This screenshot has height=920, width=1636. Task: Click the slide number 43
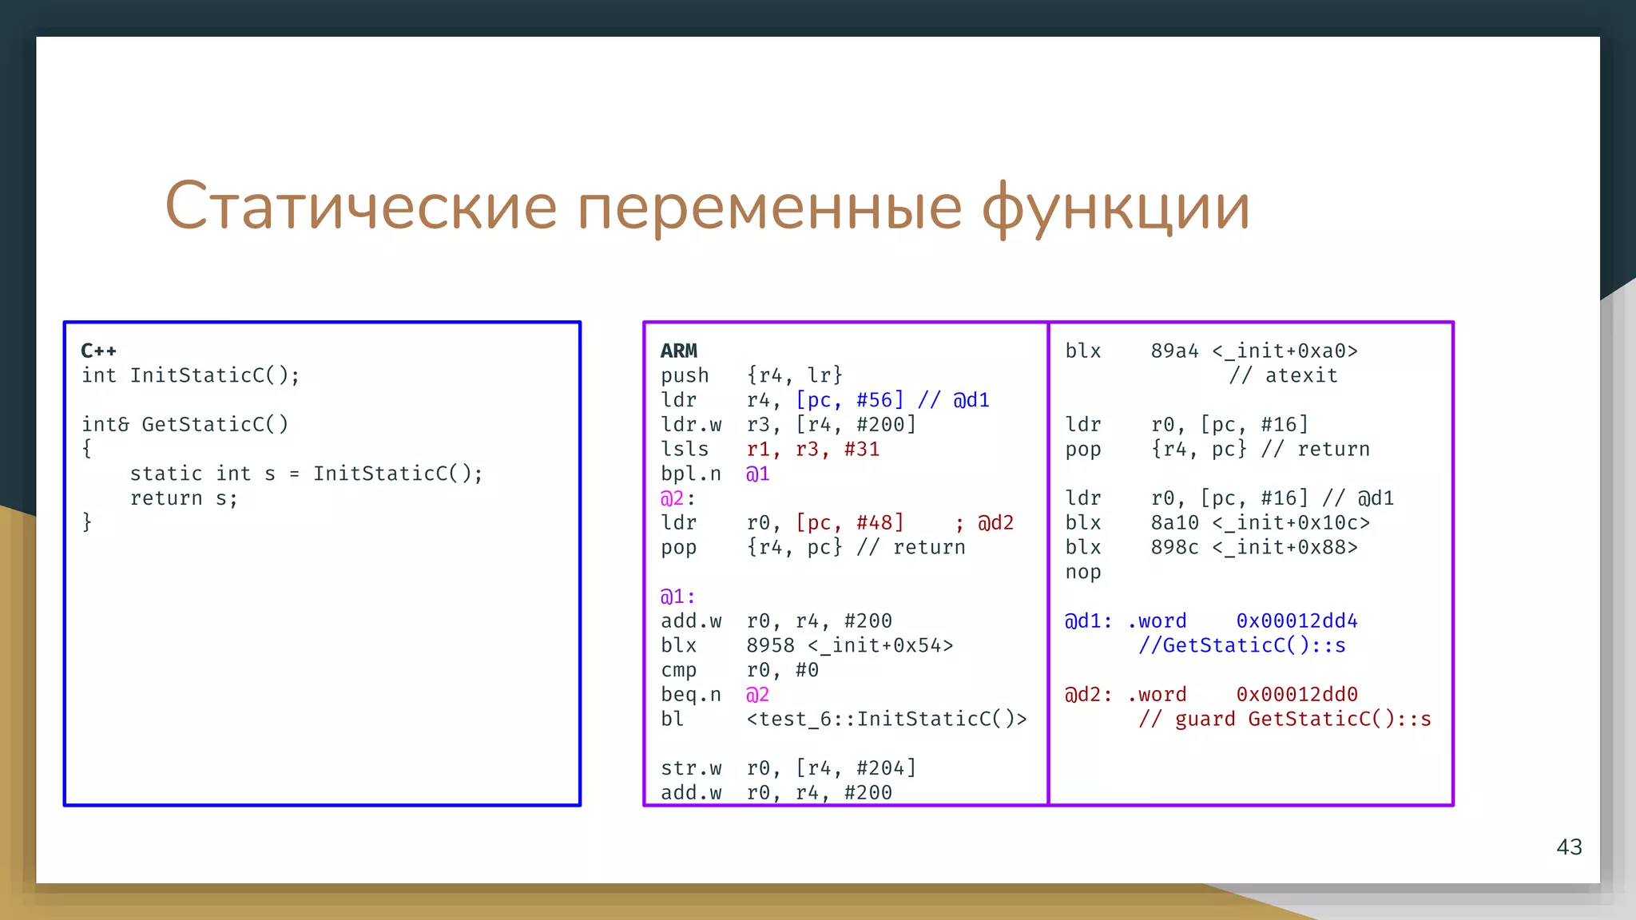(x=1569, y=847)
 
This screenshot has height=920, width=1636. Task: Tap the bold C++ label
(x=98, y=351)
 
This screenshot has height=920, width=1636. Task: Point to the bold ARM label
(x=678, y=351)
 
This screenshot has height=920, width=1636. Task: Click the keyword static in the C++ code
(x=166, y=474)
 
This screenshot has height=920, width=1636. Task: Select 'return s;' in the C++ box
(x=184, y=498)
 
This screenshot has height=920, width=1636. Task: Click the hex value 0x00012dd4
(x=1296, y=621)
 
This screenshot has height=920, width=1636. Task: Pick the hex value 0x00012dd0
(x=1296, y=694)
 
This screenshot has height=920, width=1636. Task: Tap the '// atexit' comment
(x=1283, y=375)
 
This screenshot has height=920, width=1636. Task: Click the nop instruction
(x=1082, y=572)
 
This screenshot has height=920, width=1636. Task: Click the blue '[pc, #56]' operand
(x=849, y=399)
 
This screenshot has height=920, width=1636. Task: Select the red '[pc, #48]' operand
(x=849, y=522)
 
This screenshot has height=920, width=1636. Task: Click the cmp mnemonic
(x=678, y=670)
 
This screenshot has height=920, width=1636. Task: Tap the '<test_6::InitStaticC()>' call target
(x=886, y=719)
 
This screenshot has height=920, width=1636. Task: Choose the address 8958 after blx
(x=770, y=645)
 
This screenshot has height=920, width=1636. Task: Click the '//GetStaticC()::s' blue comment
(x=1241, y=645)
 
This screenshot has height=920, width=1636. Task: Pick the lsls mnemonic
(x=685, y=449)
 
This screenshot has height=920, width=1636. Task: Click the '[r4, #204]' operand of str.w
(x=856, y=768)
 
